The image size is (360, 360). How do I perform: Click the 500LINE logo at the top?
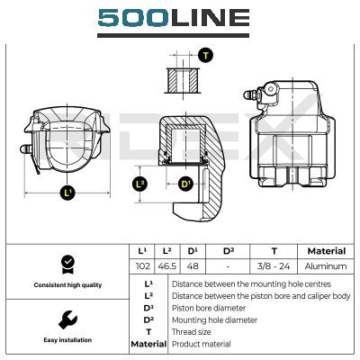(174, 18)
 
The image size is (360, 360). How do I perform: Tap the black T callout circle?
(206, 56)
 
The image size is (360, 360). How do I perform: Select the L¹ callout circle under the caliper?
(68, 193)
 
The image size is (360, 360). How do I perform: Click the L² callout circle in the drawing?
(140, 184)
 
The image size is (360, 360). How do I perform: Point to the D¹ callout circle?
(186, 184)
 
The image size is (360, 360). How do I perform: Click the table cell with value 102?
(143, 266)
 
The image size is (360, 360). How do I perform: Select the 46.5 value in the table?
(167, 266)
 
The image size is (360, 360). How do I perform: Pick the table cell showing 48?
(193, 266)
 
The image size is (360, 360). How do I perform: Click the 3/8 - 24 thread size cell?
(274, 266)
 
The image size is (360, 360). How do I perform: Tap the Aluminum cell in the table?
(326, 266)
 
